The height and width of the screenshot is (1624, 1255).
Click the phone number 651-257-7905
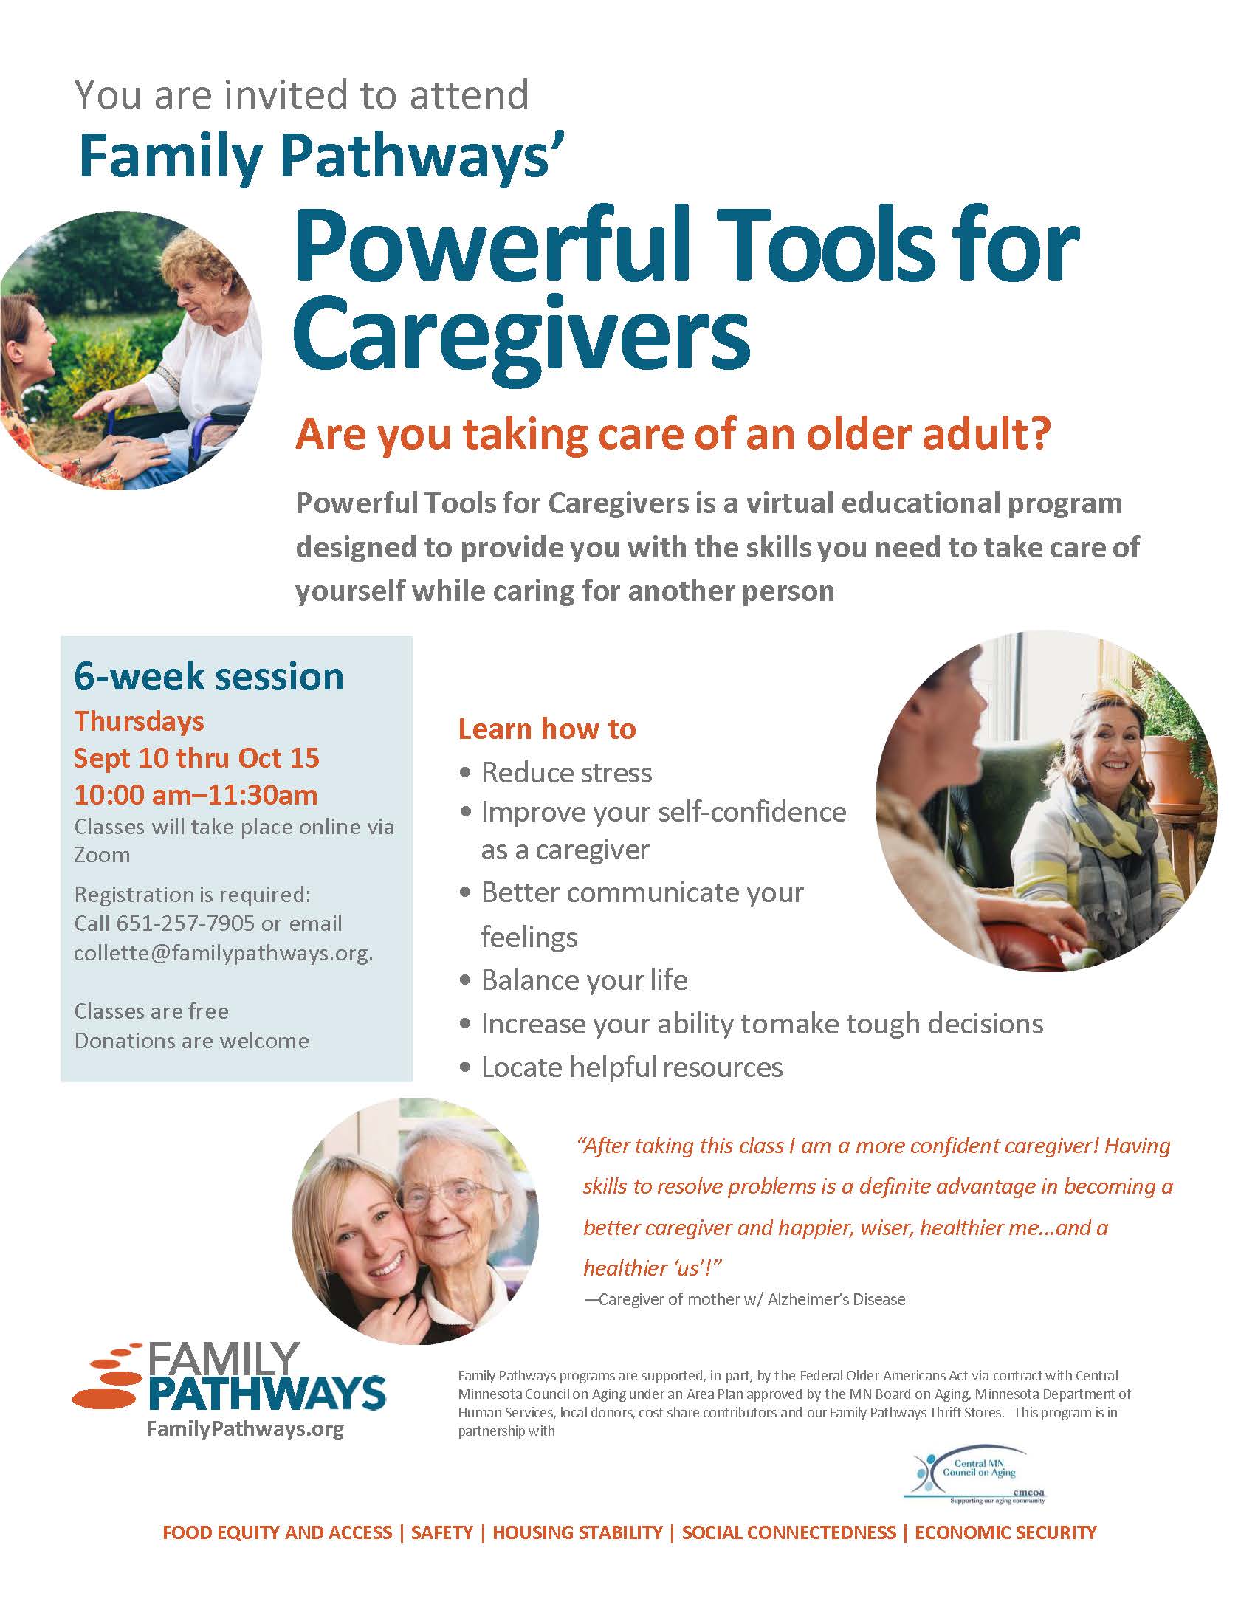(186, 923)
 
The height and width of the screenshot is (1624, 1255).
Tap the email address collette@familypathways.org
(223, 953)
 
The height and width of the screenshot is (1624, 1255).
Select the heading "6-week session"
(209, 677)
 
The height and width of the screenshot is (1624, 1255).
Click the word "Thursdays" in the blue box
(139, 721)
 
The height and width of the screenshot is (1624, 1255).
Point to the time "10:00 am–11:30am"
(196, 795)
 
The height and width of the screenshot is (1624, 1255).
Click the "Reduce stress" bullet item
(565, 773)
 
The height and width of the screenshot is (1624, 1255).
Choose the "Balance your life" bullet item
(584, 980)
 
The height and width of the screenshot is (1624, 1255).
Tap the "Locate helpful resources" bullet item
(631, 1067)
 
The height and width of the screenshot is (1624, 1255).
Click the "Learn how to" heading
(547, 729)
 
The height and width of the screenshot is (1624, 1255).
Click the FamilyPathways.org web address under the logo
(245, 1428)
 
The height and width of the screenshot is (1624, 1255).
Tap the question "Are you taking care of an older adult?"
(673, 435)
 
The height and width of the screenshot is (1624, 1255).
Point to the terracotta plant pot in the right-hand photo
(1170, 774)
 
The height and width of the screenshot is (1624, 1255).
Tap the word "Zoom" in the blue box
(102, 855)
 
